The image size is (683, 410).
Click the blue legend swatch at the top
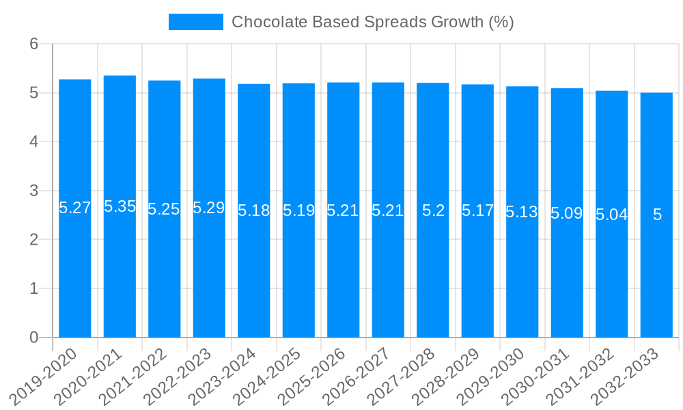click(195, 22)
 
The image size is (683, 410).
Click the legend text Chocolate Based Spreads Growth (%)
click(372, 22)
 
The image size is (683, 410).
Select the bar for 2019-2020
click(75, 273)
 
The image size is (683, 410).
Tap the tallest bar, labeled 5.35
click(120, 273)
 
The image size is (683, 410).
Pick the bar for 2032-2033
click(656, 273)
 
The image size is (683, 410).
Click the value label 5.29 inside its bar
click(209, 208)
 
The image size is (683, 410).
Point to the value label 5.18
click(254, 210)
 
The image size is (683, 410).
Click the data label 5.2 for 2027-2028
click(433, 210)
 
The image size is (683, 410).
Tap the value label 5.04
click(612, 215)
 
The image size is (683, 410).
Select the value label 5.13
click(522, 212)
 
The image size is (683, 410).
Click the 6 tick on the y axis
click(34, 44)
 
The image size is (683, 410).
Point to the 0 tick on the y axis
click(34, 338)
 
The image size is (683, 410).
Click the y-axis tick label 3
click(34, 191)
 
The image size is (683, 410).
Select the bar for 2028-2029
click(477, 273)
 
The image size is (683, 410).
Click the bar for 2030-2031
click(567, 273)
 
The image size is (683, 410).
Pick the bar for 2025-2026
click(344, 273)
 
